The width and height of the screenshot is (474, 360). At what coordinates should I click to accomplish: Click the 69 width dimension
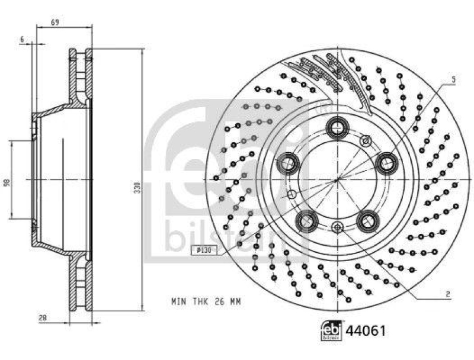click(55, 22)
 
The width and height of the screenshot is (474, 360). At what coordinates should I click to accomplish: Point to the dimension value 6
click(22, 39)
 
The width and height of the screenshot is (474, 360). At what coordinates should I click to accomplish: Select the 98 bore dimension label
click(7, 183)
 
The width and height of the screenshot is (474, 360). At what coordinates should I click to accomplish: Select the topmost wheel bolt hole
click(338, 127)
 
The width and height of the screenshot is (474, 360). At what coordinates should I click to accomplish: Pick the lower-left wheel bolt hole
click(307, 220)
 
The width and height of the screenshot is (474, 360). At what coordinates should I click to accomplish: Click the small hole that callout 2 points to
click(337, 226)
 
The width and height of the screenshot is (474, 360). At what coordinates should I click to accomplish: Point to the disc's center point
click(337, 178)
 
